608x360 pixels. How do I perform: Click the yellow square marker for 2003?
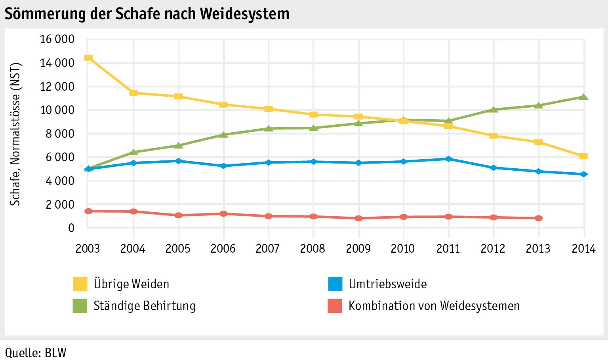(89, 58)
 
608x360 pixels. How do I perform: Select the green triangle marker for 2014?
(583, 97)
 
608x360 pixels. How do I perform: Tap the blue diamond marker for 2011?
(448, 159)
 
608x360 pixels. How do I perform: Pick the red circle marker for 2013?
(538, 218)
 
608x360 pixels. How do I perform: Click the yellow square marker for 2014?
(583, 156)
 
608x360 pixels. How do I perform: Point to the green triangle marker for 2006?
(223, 135)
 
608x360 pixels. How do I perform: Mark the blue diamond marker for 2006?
(223, 166)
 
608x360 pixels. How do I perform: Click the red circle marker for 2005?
(179, 215)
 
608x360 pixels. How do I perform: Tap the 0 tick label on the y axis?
(71, 228)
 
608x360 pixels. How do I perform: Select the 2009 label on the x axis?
(358, 249)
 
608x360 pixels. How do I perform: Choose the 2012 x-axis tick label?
(493, 249)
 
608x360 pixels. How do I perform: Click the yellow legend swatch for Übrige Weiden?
(80, 284)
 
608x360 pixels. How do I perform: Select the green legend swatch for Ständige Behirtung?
(80, 306)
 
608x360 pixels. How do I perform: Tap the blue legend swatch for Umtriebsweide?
(335, 284)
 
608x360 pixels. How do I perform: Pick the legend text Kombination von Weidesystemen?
(434, 306)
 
